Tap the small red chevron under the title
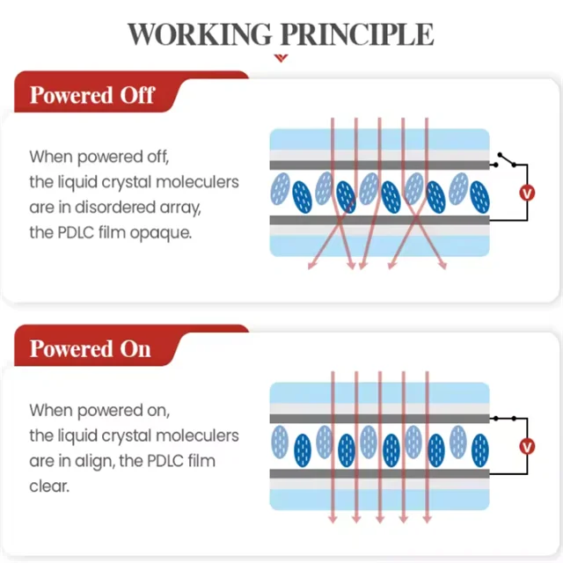pos(281,58)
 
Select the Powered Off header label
pos(92,95)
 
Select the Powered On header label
pos(91,349)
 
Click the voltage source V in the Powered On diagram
pos(527,446)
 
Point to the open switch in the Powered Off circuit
pos(506,160)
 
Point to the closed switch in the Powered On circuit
pos(506,417)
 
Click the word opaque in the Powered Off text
pos(162,233)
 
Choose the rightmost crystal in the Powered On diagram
pos(480,447)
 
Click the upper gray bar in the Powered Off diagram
pos(379,165)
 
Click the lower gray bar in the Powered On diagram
pos(379,473)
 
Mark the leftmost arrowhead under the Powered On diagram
pos(333,519)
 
